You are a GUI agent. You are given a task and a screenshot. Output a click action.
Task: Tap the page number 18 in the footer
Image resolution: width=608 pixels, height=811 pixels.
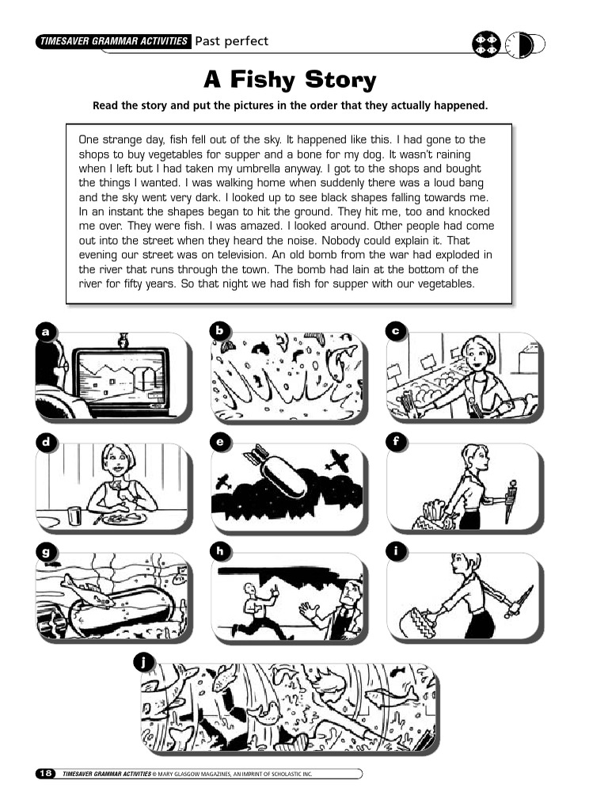[x=44, y=772]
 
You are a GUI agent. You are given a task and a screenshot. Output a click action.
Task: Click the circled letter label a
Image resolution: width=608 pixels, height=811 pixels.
[x=46, y=332]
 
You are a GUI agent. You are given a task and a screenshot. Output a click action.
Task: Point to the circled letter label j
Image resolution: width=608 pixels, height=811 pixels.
[x=141, y=661]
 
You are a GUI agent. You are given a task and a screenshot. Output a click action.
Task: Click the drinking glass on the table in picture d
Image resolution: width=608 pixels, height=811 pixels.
[x=74, y=516]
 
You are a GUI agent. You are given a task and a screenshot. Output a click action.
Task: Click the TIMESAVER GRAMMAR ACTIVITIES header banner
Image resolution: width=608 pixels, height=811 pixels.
[x=113, y=41]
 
